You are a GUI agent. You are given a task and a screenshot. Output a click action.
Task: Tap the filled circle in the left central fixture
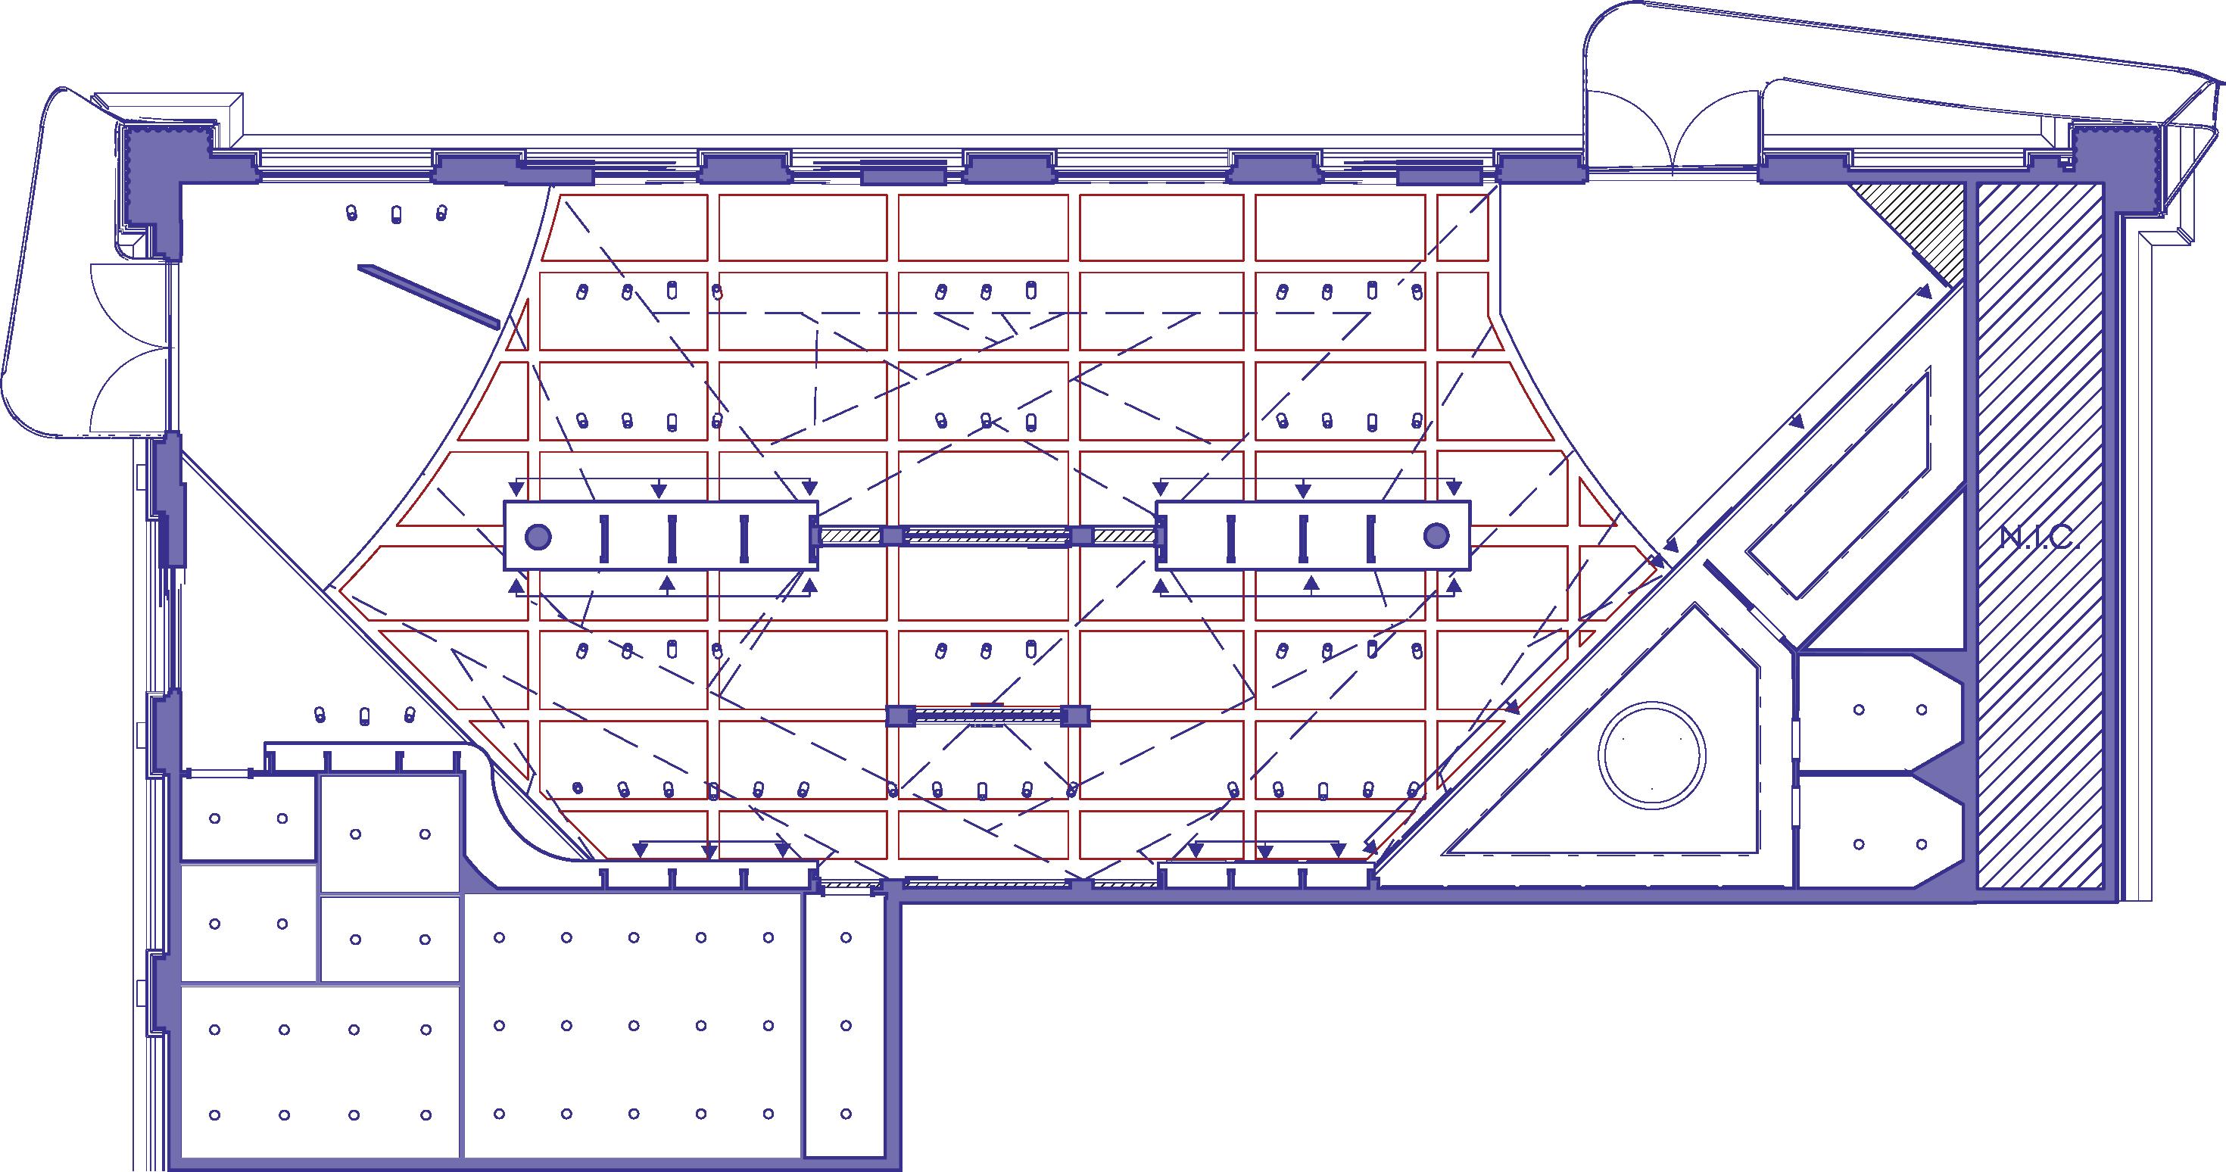pos(538,536)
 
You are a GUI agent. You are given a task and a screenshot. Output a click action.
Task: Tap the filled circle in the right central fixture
pos(1436,536)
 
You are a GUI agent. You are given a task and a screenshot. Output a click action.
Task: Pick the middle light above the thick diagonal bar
pos(397,214)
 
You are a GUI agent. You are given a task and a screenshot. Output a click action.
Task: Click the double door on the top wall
pos(1671,129)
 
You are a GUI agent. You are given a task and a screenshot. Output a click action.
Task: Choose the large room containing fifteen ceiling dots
pos(632,1027)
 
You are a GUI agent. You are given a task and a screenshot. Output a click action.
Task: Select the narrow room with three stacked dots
pos(846,1027)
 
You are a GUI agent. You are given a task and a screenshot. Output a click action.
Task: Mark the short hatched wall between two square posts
pos(989,715)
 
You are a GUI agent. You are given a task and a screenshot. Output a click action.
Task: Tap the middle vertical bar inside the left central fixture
pos(672,536)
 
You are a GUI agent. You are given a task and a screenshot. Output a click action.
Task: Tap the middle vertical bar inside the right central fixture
pos(1301,536)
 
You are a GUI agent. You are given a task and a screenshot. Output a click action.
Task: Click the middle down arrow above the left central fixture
pos(659,490)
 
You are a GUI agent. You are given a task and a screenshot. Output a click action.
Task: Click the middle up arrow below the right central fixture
pos(1311,584)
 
